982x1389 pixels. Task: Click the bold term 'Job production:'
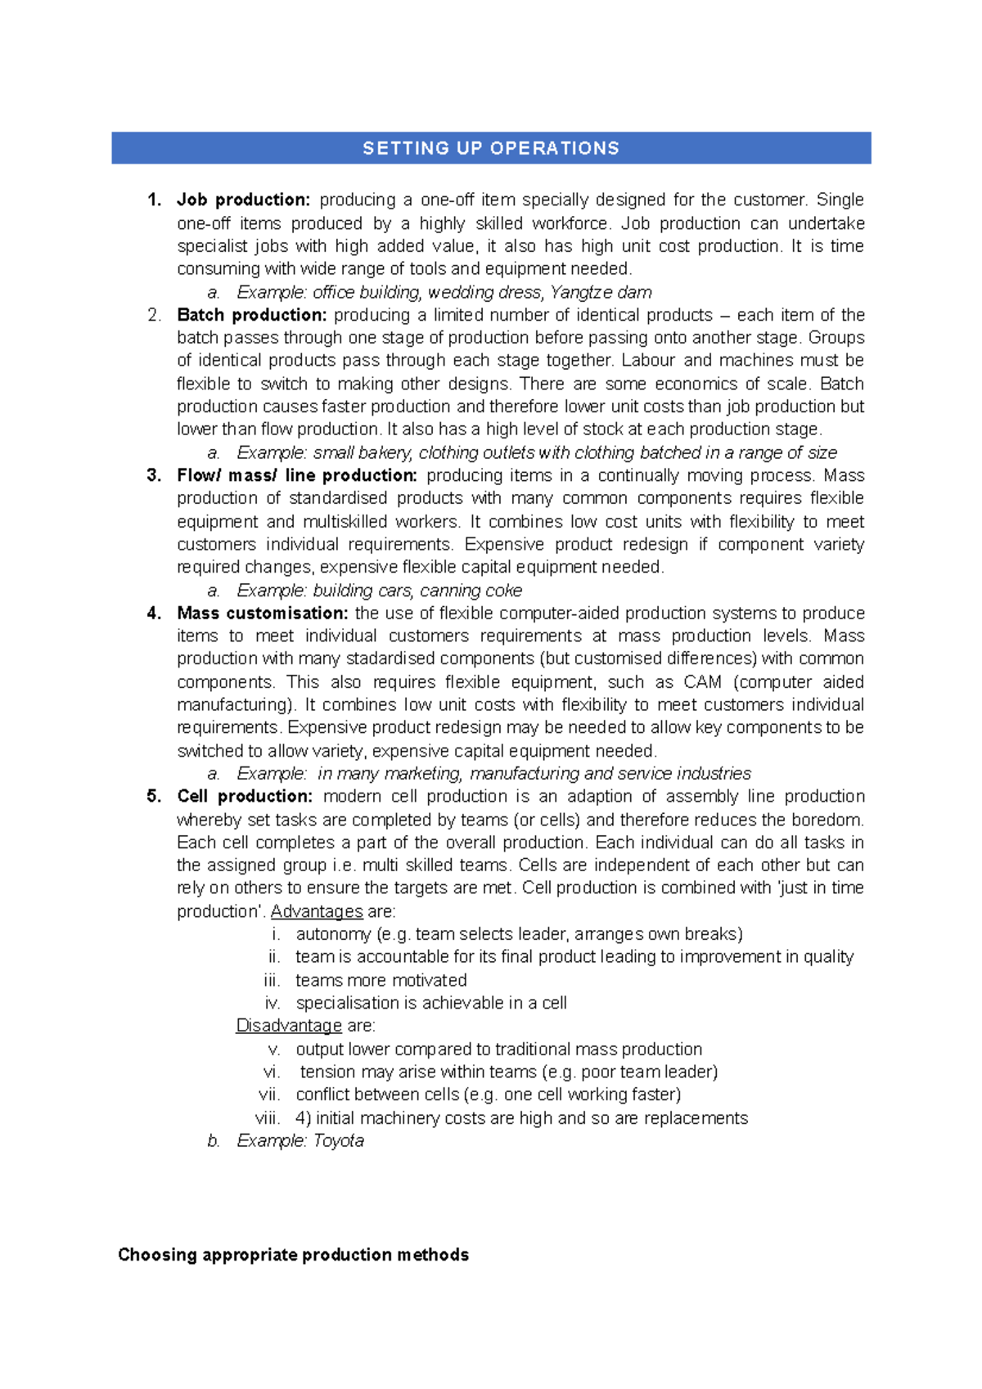pyautogui.click(x=243, y=200)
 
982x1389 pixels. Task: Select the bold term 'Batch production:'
pyautogui.click(x=251, y=316)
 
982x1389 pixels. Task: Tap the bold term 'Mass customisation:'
pyautogui.click(x=262, y=614)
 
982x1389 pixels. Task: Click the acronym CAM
pyautogui.click(x=703, y=682)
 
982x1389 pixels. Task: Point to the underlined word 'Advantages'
pyautogui.click(x=317, y=912)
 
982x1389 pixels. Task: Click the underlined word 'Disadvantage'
pyautogui.click(x=289, y=1026)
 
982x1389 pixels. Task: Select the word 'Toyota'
pyautogui.click(x=339, y=1141)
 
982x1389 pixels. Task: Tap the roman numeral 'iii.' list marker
pyautogui.click(x=273, y=981)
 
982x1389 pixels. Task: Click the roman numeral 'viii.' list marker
pyautogui.click(x=268, y=1118)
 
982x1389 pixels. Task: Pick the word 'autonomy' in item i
pyautogui.click(x=333, y=935)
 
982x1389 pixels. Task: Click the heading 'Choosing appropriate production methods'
pyautogui.click(x=293, y=1255)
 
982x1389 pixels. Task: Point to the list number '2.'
pyautogui.click(x=154, y=316)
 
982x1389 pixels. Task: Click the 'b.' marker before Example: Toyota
pyautogui.click(x=214, y=1141)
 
